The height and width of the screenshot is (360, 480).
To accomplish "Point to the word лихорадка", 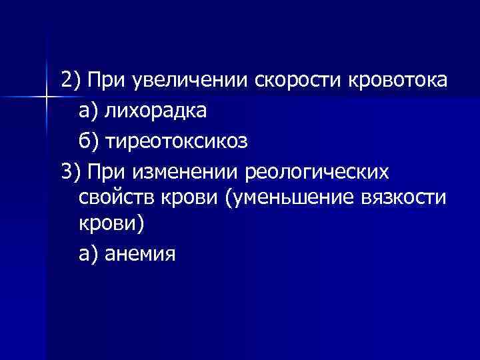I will (x=159, y=111).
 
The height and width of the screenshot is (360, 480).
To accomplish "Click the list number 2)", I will (x=71, y=81).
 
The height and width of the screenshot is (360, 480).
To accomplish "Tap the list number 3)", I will (x=71, y=171).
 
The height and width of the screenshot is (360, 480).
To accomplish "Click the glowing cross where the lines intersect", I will (x=46, y=98).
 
